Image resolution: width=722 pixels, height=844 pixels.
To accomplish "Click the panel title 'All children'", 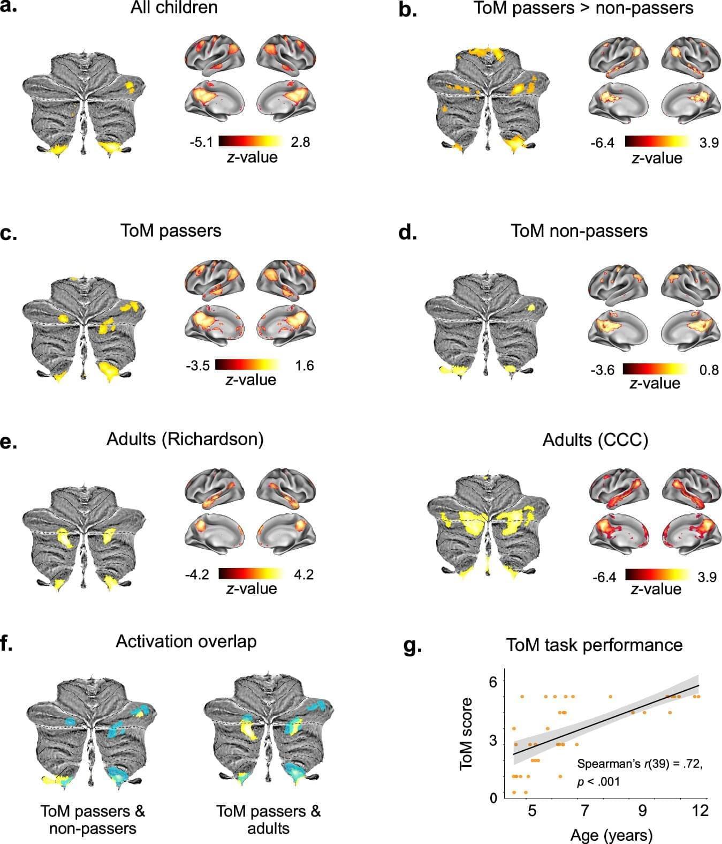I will tap(174, 8).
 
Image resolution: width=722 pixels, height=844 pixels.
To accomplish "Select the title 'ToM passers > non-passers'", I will tap(583, 9).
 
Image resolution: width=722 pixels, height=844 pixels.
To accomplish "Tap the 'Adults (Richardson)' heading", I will tap(185, 439).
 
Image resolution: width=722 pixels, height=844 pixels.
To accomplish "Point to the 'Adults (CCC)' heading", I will tap(595, 440).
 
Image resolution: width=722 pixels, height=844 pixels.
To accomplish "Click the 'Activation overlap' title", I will tap(186, 641).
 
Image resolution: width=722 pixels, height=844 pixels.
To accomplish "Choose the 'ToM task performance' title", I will tap(594, 645).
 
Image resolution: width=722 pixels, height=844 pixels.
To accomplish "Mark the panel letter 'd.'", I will tap(408, 233).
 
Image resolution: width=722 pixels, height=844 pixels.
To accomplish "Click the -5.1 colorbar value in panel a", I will tap(201, 142).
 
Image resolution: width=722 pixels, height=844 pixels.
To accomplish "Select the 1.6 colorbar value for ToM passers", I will tap(304, 366).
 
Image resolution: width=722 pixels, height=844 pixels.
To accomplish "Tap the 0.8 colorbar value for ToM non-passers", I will tap(709, 370).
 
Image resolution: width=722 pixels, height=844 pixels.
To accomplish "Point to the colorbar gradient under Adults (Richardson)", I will tap(250, 574).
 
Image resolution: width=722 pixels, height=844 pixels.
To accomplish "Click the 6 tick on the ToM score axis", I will tap(493, 682).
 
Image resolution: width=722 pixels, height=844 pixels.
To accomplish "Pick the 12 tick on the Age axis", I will tap(700, 810).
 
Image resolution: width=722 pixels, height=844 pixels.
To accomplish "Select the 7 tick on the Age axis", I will tap(585, 810).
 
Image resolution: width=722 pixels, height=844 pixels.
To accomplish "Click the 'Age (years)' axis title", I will tap(611, 835).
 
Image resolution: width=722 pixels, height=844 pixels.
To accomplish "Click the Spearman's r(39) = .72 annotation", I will tap(640, 764).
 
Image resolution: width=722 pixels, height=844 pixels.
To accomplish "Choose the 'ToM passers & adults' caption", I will tap(268, 819).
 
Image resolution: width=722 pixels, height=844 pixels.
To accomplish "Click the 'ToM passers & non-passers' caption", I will tap(93, 819).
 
